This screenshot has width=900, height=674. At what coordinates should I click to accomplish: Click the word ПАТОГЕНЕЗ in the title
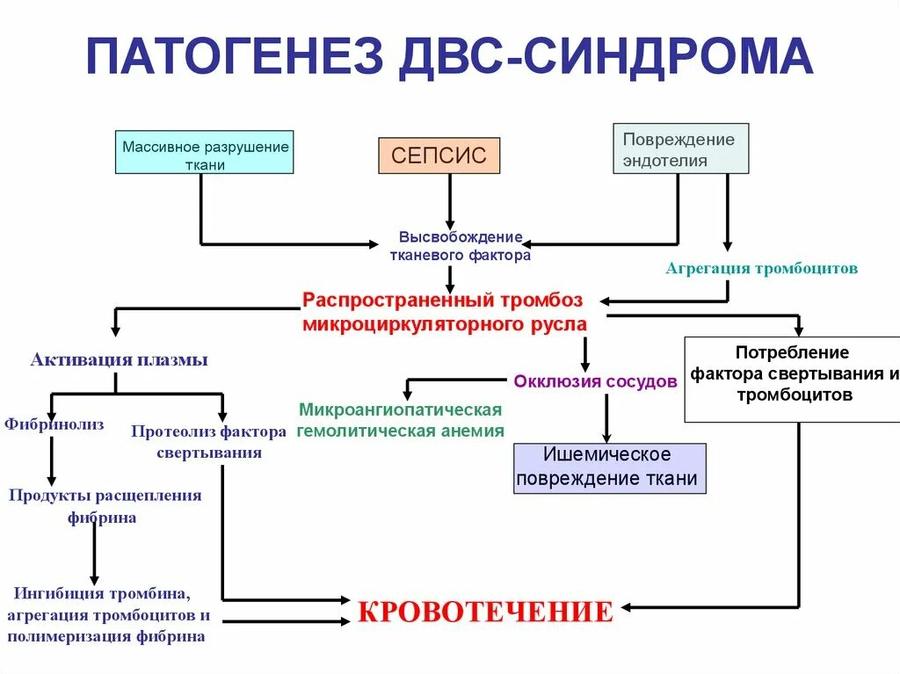click(235, 55)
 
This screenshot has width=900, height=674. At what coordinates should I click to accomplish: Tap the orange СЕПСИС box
click(439, 156)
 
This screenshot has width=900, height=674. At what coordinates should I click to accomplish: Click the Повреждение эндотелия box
click(680, 149)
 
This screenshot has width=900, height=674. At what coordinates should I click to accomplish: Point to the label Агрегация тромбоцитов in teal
click(761, 269)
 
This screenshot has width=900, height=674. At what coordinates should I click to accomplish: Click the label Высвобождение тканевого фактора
click(461, 246)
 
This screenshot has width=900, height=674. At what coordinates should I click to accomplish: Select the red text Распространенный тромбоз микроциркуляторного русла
click(443, 311)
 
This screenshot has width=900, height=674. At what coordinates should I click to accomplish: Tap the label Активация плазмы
click(120, 359)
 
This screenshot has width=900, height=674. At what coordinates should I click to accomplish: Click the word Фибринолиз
click(54, 424)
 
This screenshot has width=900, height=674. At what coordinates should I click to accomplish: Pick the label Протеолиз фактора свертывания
click(209, 441)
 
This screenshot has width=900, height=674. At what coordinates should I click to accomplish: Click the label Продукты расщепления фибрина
click(105, 506)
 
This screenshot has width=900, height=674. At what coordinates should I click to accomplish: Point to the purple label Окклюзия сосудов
click(595, 381)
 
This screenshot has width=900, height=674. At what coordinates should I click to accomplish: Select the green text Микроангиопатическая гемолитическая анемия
click(401, 420)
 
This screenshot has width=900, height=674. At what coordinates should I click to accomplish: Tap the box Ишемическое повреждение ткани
click(609, 467)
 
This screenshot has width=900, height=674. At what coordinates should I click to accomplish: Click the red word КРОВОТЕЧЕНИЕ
click(484, 612)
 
